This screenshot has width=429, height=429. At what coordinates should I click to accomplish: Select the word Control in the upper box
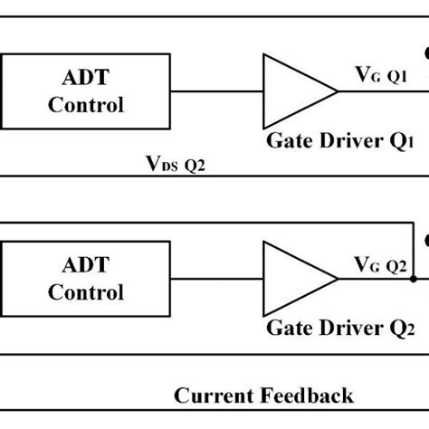(x=85, y=105)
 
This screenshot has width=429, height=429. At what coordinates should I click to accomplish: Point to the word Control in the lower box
(x=85, y=292)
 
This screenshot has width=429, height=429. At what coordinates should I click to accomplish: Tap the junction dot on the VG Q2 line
(x=412, y=279)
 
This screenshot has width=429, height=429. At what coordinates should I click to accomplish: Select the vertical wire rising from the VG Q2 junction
(x=412, y=253)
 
